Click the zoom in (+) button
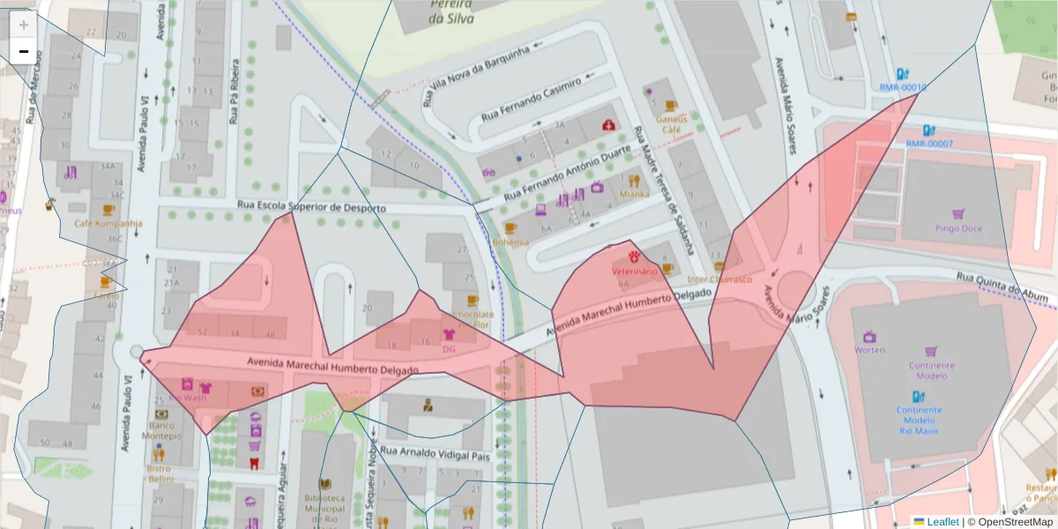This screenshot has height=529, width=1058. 23,25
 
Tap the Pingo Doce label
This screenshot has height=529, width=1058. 958,228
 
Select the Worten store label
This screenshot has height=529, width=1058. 869,350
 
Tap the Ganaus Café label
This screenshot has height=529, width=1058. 671,124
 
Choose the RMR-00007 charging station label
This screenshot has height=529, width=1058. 929,144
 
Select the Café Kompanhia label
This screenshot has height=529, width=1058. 108,223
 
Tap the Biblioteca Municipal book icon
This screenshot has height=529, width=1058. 325,484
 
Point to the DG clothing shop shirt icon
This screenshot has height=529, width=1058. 448,334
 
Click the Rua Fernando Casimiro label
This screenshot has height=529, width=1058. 532,99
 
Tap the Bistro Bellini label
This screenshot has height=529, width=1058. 160,474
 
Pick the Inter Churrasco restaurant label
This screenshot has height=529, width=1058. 720,279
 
